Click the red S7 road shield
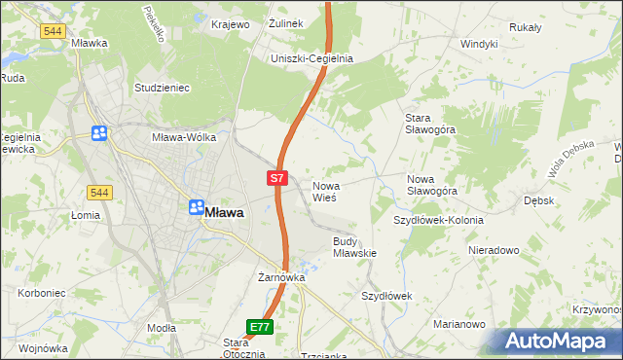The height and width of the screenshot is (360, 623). pyautogui.click(x=277, y=178)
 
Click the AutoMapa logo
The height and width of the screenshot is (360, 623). pyautogui.click(x=559, y=341)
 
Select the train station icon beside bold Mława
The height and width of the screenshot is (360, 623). pyautogui.click(x=195, y=207)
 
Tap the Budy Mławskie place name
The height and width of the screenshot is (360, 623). pyautogui.click(x=354, y=246)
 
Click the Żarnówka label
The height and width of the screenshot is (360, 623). pyautogui.click(x=281, y=277)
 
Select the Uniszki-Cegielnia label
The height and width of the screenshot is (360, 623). pyautogui.click(x=311, y=58)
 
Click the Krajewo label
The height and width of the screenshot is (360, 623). pyautogui.click(x=230, y=23)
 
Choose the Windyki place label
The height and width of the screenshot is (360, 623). pyautogui.click(x=479, y=44)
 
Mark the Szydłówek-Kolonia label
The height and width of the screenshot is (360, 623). pyautogui.click(x=438, y=220)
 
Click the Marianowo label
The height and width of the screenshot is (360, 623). pyautogui.click(x=458, y=325)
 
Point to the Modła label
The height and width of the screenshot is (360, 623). pyautogui.click(x=161, y=329)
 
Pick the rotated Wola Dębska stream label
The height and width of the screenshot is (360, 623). pyautogui.click(x=568, y=161)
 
